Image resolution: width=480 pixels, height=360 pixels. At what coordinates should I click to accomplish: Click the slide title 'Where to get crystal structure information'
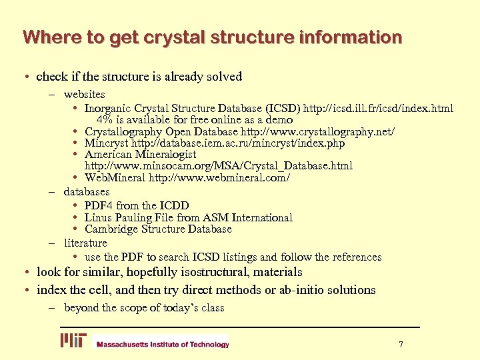[212, 37]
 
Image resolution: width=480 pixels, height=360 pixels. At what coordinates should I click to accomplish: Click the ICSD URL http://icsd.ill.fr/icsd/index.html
[380, 108]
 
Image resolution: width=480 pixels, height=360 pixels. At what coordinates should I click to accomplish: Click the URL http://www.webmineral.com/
[219, 178]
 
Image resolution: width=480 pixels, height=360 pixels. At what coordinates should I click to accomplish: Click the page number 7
[401, 344]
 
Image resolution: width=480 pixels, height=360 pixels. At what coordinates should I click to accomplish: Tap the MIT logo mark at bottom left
[73, 341]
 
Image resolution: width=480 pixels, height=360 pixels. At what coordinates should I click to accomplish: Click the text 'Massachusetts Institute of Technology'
[163, 345]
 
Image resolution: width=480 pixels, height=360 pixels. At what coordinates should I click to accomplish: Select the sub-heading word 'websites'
[84, 95]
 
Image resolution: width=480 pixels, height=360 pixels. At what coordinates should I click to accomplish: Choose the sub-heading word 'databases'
[87, 192]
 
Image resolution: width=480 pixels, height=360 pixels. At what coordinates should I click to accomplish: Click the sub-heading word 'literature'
[85, 243]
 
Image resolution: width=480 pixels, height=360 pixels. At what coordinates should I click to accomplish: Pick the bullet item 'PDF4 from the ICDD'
[137, 205]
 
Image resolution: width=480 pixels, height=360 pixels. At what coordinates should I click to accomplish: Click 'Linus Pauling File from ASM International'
[188, 217]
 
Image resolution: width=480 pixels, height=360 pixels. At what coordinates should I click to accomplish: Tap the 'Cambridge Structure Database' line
[158, 229]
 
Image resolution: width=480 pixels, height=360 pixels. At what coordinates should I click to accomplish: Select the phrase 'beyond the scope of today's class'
[144, 307]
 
